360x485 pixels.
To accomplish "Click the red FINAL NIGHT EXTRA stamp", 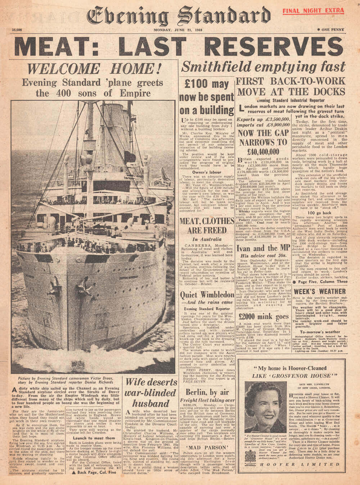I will [313, 10].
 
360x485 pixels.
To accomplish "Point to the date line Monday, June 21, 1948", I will [178, 30].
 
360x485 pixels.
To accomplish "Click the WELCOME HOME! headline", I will [93, 68].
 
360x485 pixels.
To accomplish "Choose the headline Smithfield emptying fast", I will [264, 67].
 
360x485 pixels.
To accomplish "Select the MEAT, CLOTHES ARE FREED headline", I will [207, 225].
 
